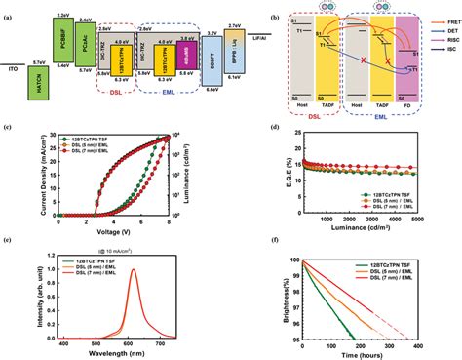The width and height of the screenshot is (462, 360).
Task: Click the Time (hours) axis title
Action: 351,354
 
